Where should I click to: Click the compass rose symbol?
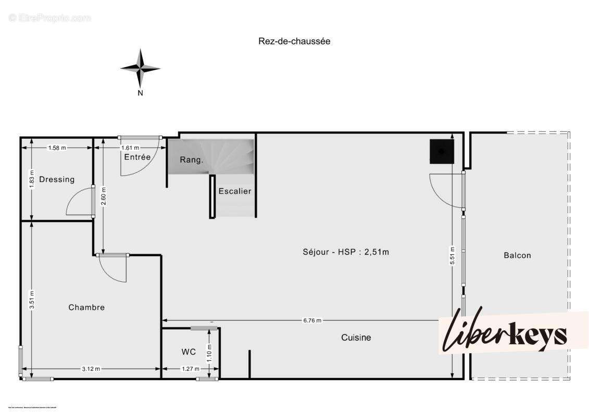pos(140,68)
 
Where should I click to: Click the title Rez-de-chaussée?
pos(294,41)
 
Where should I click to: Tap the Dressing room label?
pos(57,179)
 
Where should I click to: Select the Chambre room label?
pos(86,307)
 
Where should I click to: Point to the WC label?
pos(189,352)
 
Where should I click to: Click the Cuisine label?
pos(356,337)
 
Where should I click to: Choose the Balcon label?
pos(517,255)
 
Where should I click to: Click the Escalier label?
pos(235,191)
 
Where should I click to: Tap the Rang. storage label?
pos(191,160)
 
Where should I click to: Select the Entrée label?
pos(137,157)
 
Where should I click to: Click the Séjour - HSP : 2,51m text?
pos(346,252)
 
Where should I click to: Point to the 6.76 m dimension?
pos(312,320)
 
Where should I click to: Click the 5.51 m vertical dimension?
pos(452,255)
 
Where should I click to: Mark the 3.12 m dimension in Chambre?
pos(91,369)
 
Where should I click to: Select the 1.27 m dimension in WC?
pos(190,369)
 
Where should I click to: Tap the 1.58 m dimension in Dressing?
pos(57,148)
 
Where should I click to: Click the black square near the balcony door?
pos(442,151)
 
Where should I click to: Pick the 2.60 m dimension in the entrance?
pos(103,196)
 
